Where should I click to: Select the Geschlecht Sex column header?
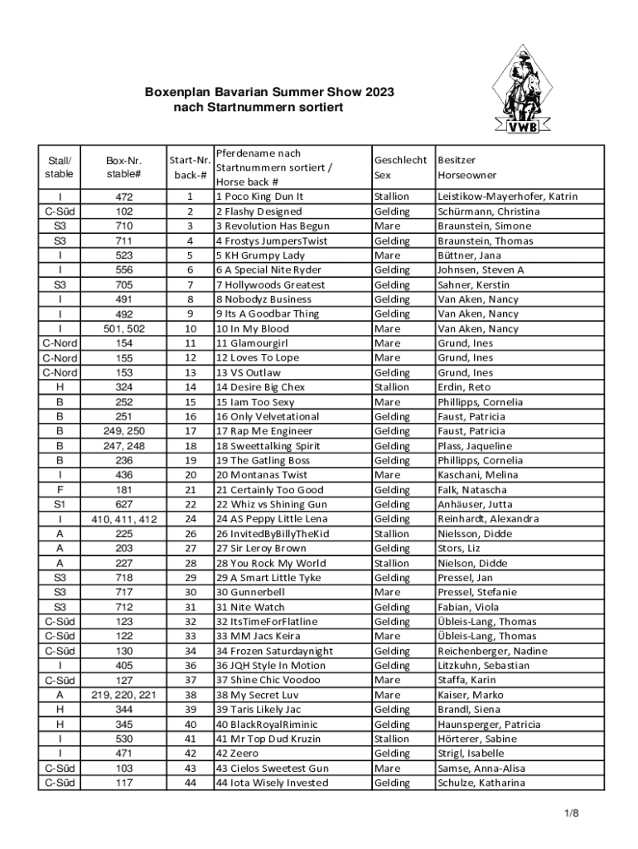[x=401, y=167]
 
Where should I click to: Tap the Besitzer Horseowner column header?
[x=467, y=167]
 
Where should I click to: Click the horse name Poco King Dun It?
[x=260, y=196]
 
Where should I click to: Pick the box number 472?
[x=123, y=197]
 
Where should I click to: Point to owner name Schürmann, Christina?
[x=489, y=211]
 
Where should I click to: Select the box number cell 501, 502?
[x=123, y=328]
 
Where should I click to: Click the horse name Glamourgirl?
[x=252, y=343]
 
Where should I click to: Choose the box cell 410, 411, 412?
[x=123, y=519]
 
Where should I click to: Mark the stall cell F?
[x=60, y=490]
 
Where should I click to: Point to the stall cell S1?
[x=60, y=504]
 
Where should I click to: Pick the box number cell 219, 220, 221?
[x=123, y=695]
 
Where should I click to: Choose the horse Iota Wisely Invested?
[x=272, y=783]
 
